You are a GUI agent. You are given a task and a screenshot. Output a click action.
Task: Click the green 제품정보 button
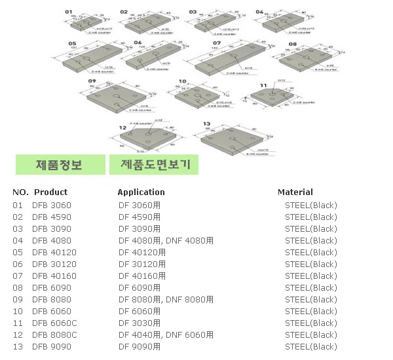point(60,164)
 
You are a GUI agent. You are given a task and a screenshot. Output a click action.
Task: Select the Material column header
point(295,192)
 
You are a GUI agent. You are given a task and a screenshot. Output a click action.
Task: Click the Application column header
point(141,192)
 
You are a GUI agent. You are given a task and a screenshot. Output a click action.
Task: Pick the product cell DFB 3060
point(52,205)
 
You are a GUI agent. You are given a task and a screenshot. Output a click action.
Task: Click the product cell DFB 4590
point(52,217)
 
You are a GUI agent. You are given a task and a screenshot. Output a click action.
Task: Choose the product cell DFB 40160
point(54,276)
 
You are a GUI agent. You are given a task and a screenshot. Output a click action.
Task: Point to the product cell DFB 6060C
point(54,323)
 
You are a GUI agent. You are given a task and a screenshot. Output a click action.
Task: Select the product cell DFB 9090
point(52,346)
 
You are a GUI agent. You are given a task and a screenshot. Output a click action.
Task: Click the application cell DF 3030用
point(139,323)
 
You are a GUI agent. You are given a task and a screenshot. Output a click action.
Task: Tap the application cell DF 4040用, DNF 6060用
point(166,334)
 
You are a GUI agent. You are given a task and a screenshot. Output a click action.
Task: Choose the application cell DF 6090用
point(139,287)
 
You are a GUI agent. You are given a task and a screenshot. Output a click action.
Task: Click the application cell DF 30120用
point(141,264)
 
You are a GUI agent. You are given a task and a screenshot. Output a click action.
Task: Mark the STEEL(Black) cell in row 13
point(310,346)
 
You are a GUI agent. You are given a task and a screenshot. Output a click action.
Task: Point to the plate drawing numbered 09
point(115,98)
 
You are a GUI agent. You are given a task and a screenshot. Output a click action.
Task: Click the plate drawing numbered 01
point(86,24)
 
